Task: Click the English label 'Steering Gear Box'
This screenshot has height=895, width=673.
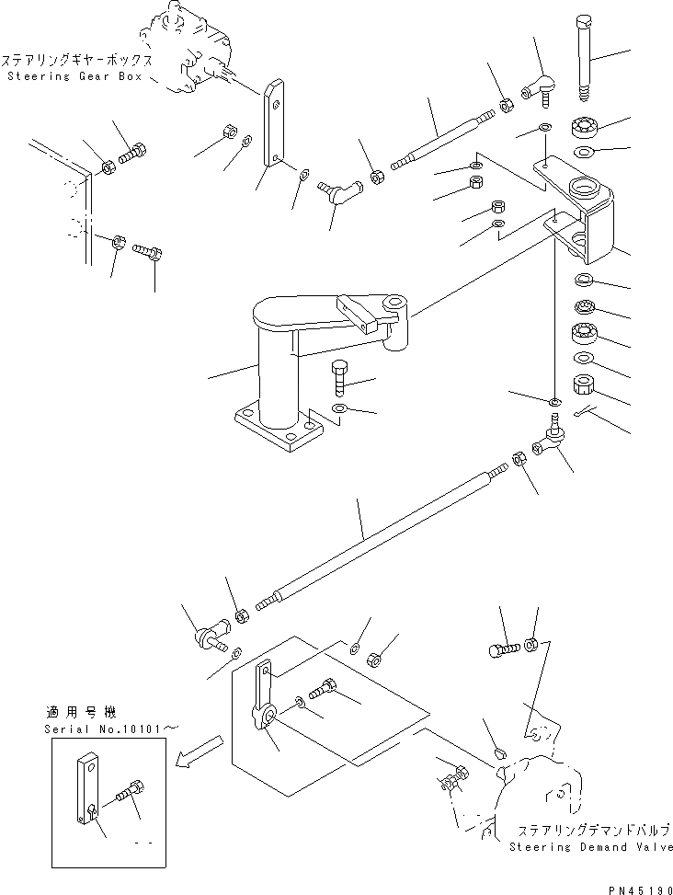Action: [x=73, y=76]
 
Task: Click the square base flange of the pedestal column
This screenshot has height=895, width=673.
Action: [x=275, y=432]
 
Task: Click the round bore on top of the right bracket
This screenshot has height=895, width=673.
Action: [x=584, y=189]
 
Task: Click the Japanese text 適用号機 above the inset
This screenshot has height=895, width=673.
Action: [x=74, y=712]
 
